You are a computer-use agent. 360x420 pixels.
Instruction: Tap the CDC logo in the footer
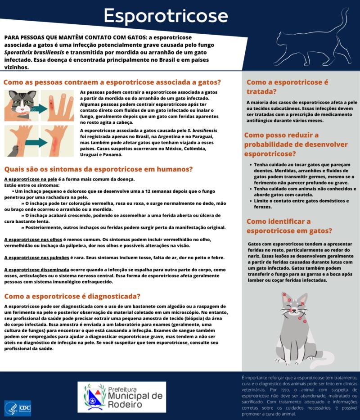tap(18, 408)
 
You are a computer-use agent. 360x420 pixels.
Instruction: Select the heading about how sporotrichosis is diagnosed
tap(72, 296)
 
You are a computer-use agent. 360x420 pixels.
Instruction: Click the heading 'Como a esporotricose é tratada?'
tap(287, 87)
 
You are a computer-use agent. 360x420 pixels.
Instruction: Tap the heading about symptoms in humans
tap(98, 169)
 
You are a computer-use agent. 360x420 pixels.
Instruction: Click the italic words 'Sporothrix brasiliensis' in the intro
tap(31, 53)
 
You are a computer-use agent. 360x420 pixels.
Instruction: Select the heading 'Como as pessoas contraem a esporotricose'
tap(112, 82)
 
